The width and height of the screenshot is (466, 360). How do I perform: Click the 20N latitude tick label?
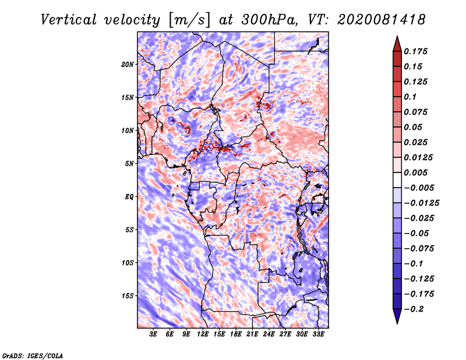click(128, 64)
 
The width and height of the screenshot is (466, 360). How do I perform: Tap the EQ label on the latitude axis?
click(129, 196)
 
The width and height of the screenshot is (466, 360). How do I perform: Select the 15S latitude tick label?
click(128, 296)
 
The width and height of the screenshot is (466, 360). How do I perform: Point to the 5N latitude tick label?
click(129, 164)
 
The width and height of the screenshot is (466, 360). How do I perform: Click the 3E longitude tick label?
click(153, 334)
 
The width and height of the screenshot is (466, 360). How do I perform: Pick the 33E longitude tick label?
click(318, 334)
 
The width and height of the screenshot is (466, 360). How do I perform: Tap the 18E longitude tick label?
click(236, 334)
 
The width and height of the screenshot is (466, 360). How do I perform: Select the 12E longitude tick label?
click(203, 334)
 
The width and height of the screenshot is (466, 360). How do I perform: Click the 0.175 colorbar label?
click(415, 51)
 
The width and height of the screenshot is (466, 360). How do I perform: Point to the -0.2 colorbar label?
click(414, 309)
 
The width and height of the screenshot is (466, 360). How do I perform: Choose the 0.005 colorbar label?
click(415, 172)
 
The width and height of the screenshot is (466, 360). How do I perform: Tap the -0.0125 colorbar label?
click(421, 203)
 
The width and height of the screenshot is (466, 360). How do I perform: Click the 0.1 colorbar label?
click(410, 97)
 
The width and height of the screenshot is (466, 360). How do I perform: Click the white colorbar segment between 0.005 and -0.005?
click(397, 180)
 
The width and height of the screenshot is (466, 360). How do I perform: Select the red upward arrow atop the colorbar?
click(397, 44)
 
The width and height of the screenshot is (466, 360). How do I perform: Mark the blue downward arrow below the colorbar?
click(397, 316)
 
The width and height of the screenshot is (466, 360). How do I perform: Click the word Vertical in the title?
click(69, 20)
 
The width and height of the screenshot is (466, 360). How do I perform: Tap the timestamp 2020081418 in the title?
click(382, 20)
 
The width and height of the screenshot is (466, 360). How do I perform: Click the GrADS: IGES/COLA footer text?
click(33, 355)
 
